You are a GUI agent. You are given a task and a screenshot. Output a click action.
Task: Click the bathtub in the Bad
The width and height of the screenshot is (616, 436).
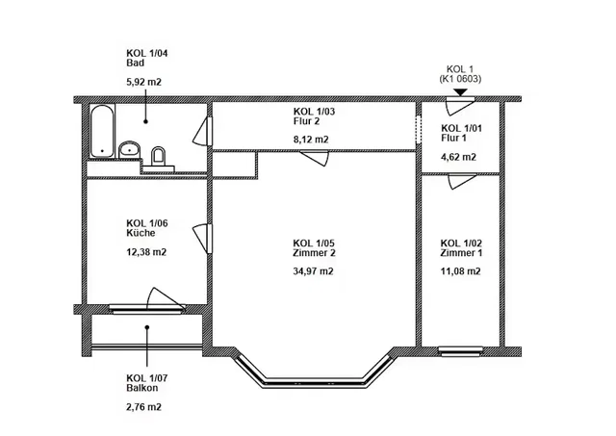coord(103,131)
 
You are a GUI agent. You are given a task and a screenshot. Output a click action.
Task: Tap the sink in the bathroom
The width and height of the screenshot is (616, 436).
coord(130,149)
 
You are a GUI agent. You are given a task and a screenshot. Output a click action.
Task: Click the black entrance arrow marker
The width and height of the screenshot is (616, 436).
coord(460,92)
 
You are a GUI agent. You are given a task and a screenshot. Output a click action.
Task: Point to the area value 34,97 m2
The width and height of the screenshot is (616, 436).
coord(313,271)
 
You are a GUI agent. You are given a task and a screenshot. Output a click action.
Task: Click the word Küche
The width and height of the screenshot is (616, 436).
coord(141,233)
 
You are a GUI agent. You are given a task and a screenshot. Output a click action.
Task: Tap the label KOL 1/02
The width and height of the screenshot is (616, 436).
coord(461,244)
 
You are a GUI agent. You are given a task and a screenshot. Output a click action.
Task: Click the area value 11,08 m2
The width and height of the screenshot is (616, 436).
coord(460,271)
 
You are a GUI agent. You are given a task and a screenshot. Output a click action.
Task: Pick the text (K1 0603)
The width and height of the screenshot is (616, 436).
coord(460,79)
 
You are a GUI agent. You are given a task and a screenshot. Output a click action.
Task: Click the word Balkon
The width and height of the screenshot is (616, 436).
coord(142,388)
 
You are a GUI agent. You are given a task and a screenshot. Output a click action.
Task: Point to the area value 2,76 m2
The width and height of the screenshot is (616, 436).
coord(143,406)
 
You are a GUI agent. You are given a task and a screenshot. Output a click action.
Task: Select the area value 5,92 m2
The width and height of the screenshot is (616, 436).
coord(143,82)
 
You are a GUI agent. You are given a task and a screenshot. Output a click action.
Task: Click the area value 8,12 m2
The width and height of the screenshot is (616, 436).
coord(311,140)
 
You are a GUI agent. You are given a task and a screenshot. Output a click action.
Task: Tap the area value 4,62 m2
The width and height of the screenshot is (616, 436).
coord(458,157)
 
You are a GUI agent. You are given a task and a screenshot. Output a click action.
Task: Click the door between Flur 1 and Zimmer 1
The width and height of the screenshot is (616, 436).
coord(462,181)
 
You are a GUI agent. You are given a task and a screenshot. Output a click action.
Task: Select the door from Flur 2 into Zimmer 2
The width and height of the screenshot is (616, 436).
coord(315,158)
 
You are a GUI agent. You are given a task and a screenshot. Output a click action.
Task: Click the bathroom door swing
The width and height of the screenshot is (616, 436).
coord(202,132)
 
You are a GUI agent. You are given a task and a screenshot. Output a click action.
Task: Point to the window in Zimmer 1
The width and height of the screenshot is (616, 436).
coord(460,351)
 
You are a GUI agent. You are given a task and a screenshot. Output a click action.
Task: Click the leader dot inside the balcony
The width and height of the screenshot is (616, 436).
coord(147,327)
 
